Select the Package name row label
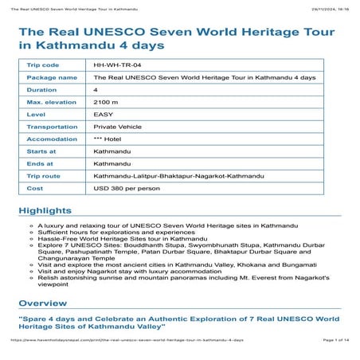52,77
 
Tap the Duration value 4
96,89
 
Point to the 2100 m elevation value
105,102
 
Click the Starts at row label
41,151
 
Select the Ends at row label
40,163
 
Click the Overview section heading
43,303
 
